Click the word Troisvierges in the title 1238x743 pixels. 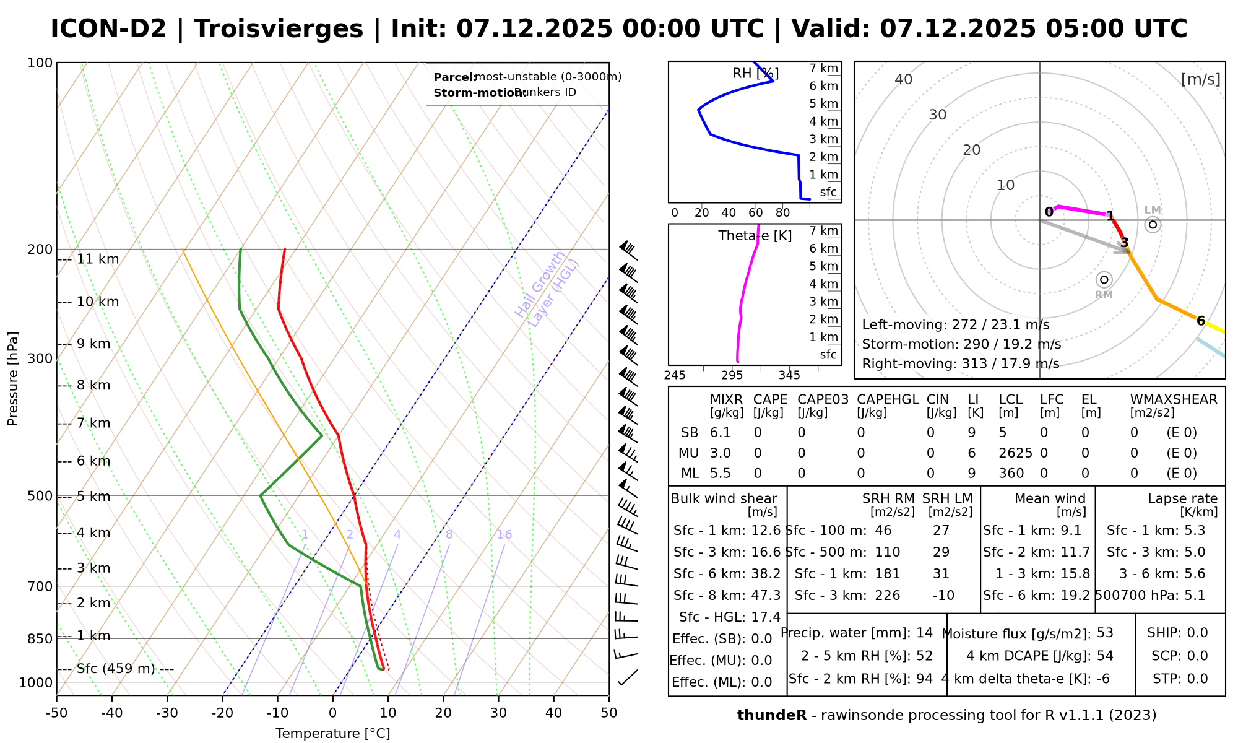(x=278, y=29)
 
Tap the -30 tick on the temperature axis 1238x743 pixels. (x=167, y=713)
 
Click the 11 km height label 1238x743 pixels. (x=97, y=259)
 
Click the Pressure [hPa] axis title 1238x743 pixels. (x=13, y=378)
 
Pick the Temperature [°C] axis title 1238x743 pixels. (x=332, y=734)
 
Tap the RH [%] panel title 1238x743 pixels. (x=755, y=74)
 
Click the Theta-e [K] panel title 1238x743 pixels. (x=755, y=236)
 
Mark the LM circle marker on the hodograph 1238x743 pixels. (x=1152, y=224)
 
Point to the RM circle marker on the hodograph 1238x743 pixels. (x=1104, y=280)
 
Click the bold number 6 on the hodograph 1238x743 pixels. (x=1200, y=321)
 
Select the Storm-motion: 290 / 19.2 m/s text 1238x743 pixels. (x=961, y=344)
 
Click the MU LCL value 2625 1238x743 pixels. (x=1015, y=453)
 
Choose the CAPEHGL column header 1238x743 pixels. (x=888, y=399)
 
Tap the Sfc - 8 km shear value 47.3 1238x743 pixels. (x=766, y=596)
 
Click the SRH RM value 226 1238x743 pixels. (x=887, y=596)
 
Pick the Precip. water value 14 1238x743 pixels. (x=924, y=633)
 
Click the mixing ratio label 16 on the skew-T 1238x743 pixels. (x=504, y=535)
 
